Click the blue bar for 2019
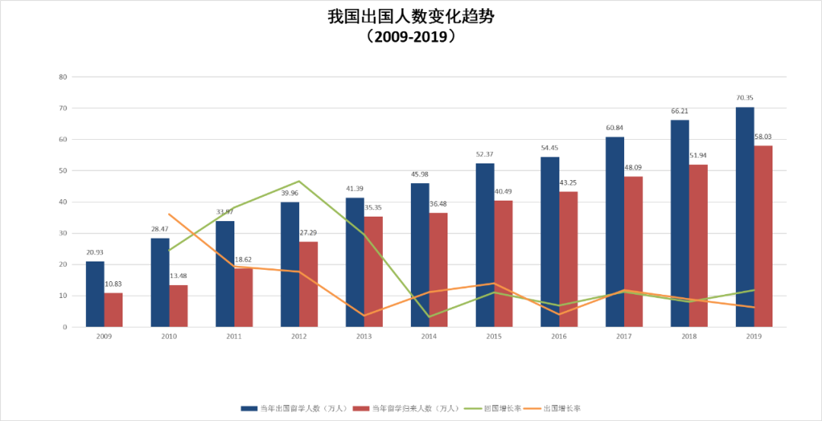pyautogui.click(x=744, y=217)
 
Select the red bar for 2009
pyautogui.click(x=113, y=310)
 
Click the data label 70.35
pyautogui.click(x=744, y=98)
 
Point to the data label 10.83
pyautogui.click(x=113, y=284)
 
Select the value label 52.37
pyautogui.click(x=485, y=154)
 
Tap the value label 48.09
pyautogui.click(x=633, y=168)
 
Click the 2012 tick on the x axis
pyautogui.click(x=299, y=335)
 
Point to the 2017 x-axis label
pyautogui.click(x=624, y=335)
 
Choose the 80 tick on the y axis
pyautogui.click(x=63, y=77)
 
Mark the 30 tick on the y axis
pyautogui.click(x=63, y=233)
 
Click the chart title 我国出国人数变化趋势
pyautogui.click(x=410, y=17)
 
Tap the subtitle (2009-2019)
pyautogui.click(x=410, y=36)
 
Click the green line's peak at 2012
pyautogui.click(x=299, y=181)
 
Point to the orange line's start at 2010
pyautogui.click(x=169, y=214)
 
